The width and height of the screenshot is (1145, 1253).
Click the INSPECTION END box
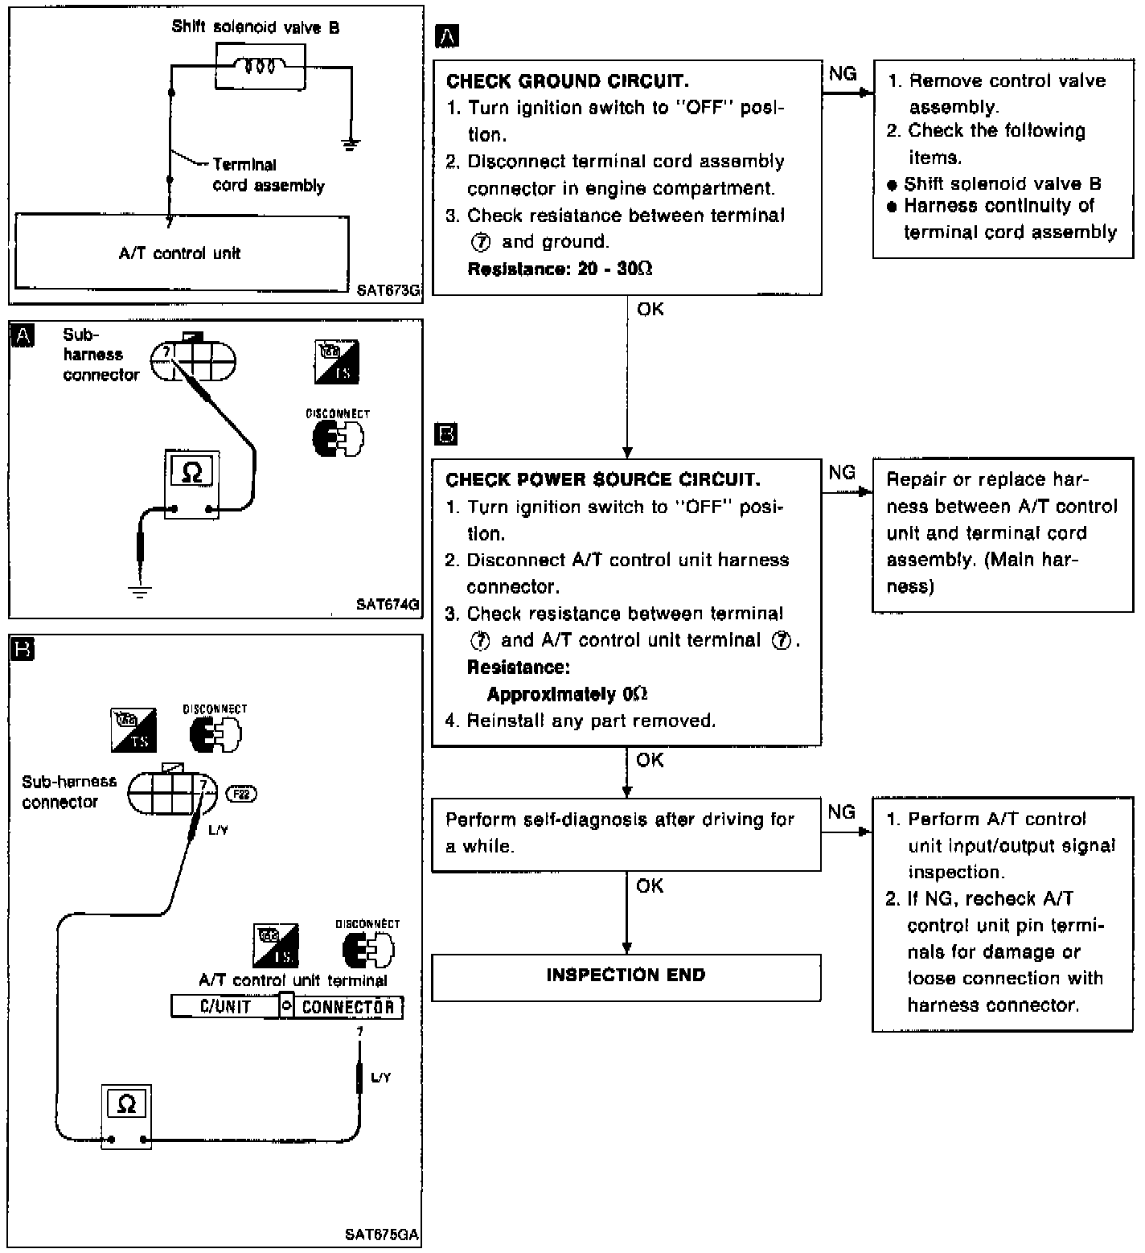pos(626,976)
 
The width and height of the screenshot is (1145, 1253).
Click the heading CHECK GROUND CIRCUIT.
pos(567,81)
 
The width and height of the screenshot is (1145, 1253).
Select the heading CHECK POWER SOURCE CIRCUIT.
pos(602,480)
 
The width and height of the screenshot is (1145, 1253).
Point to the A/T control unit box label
pos(179,253)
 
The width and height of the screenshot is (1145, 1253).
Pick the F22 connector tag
pos(241,794)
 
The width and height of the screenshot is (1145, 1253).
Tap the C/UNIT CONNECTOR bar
pos(287,1006)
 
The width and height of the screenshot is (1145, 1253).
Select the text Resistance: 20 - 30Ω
pos(560,269)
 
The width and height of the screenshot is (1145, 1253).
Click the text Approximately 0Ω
pos(567,694)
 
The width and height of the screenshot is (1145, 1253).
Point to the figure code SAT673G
pos(388,290)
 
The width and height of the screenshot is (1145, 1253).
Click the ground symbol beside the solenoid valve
pos(351,145)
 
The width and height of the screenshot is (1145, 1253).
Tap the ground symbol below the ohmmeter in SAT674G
pos(140,592)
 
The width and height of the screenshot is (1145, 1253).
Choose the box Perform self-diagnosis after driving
pos(626,834)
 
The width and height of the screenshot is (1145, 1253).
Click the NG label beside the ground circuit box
pos(842,74)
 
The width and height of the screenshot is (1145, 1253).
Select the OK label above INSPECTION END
pos(650,885)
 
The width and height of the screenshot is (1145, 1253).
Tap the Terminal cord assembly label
pos(268,175)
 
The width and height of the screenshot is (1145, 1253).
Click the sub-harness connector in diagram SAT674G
pos(193,362)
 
